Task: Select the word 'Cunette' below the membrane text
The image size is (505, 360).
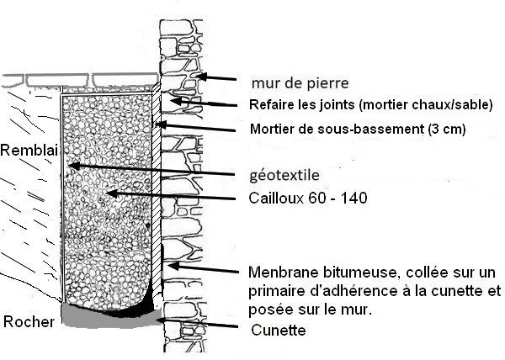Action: point(279,331)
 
